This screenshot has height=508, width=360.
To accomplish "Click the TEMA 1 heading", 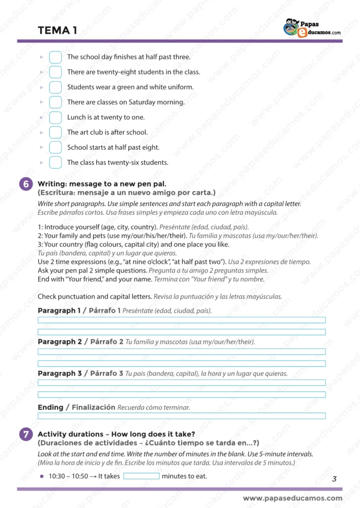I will pos(57,31).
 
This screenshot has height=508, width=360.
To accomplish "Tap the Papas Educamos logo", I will pos(312,28).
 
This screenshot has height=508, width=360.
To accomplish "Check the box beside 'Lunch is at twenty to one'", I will pos(56,118).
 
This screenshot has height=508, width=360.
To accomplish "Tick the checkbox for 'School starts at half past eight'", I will pos(56,147).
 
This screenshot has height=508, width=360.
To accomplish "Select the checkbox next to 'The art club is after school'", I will pos(56,132).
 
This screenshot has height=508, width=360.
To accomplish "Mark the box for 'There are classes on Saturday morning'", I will pos(56,102).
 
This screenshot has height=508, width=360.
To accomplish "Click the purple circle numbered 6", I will pos(26,184).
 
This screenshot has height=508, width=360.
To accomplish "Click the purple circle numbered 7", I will pos(26,434).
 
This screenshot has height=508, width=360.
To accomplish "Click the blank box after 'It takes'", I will pos(142,476).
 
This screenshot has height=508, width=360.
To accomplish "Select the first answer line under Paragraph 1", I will pos(182,320).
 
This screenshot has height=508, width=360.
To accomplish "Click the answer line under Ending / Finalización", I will pos(182,416).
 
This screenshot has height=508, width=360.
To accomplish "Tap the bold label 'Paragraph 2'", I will pos(60,342).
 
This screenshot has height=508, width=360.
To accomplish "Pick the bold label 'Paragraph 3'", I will pos(60,373).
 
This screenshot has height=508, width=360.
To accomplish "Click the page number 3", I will pos(334,479).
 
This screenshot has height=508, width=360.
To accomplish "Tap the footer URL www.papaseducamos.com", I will pos(292,498).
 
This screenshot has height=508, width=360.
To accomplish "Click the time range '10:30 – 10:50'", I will pos(68,476).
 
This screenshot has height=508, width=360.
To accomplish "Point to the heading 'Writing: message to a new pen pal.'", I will pos(102,184).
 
